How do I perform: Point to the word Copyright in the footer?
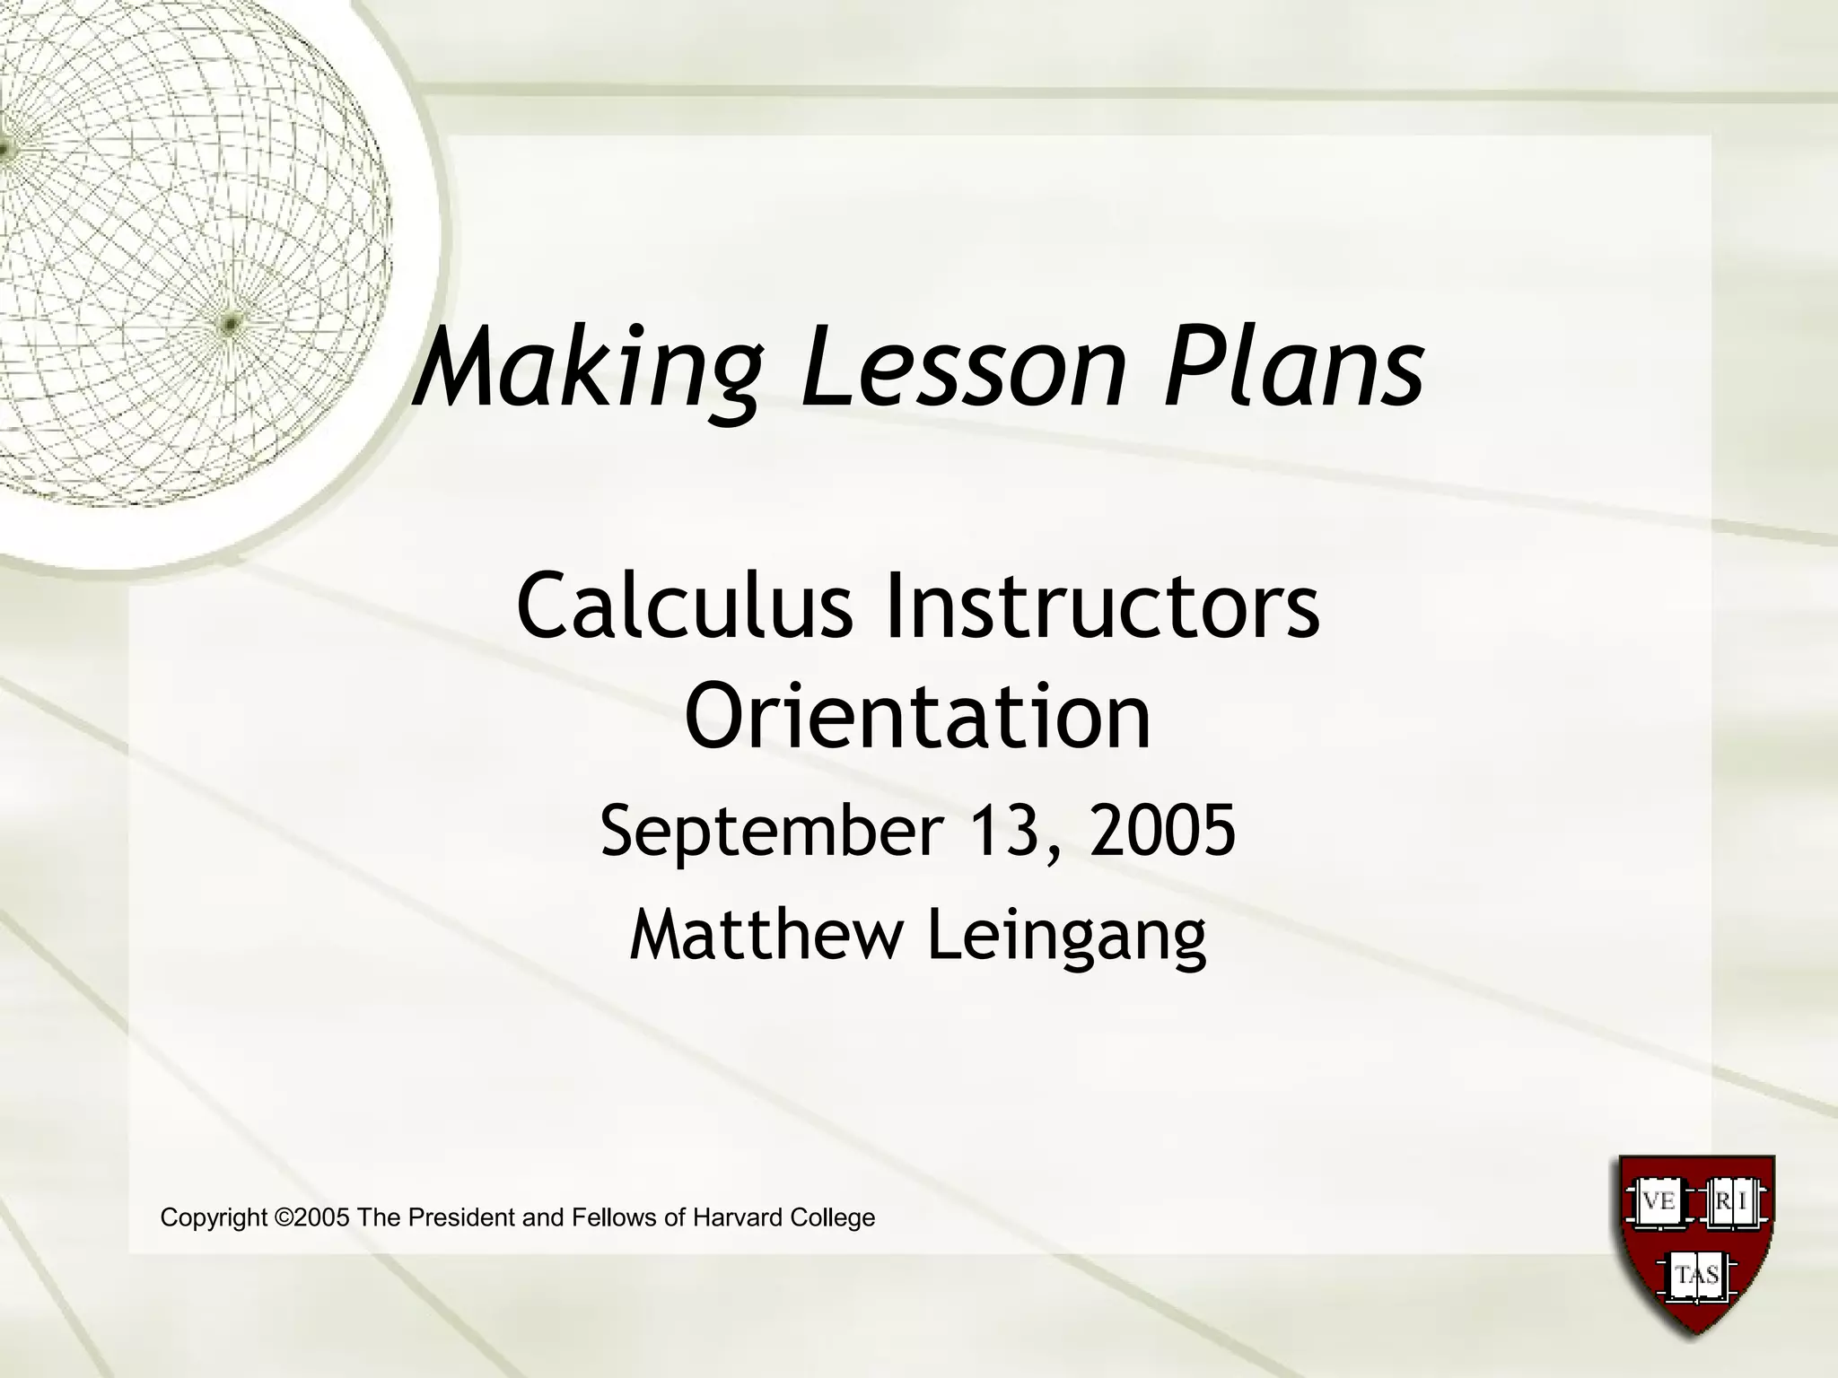pyautogui.click(x=214, y=1218)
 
